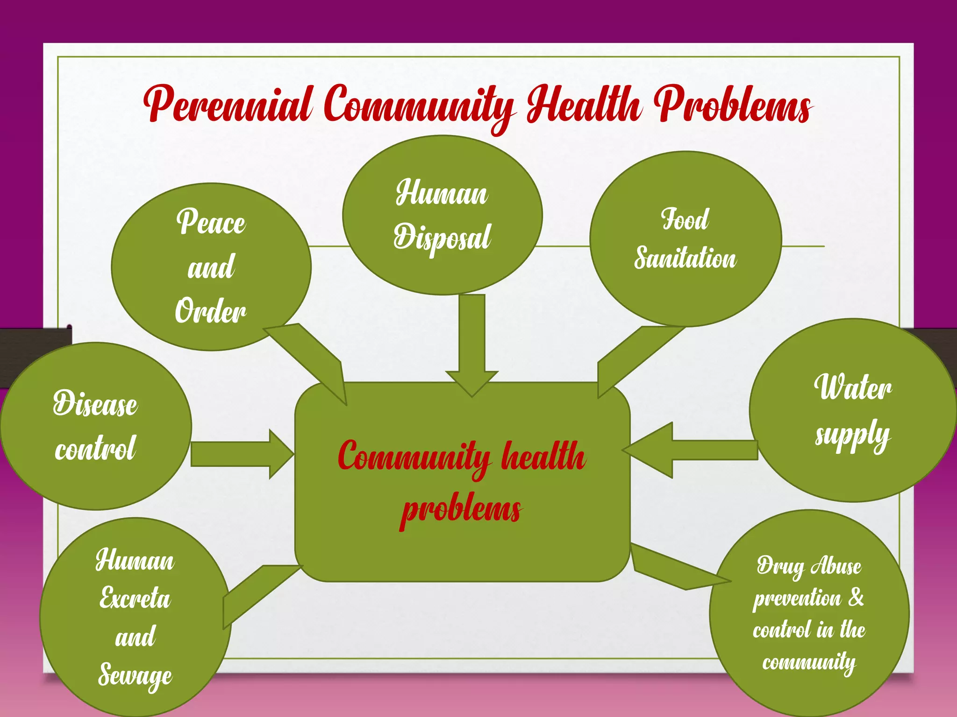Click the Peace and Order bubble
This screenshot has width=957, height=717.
[x=211, y=267]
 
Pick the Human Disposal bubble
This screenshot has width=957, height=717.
[x=442, y=215]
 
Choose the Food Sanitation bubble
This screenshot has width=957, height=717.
[x=685, y=239]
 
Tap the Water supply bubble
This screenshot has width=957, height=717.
[x=852, y=410]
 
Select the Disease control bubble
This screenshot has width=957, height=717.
[x=95, y=426]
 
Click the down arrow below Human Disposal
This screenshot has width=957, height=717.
[x=472, y=345]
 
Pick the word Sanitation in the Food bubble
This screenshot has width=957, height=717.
[x=685, y=258]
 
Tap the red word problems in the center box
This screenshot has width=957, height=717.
[x=461, y=509]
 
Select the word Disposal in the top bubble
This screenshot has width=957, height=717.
[x=442, y=237]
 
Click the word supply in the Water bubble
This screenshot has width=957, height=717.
[x=852, y=436]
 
